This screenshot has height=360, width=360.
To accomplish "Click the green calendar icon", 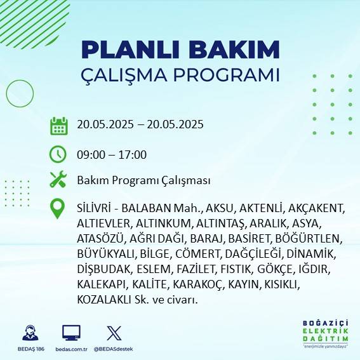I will (58, 126).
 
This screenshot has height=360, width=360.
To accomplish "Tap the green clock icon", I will (58, 154).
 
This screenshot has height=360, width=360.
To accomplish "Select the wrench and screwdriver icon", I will (58, 180).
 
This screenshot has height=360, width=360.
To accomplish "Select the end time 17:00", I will (134, 154).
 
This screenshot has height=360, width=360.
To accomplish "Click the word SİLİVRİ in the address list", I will (93, 208).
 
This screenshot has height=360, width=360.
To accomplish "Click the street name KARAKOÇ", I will (194, 284).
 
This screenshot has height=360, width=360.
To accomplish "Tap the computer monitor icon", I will (71, 332).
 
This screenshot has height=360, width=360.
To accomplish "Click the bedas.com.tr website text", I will (71, 349).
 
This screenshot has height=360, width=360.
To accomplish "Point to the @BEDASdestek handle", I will (114, 349).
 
